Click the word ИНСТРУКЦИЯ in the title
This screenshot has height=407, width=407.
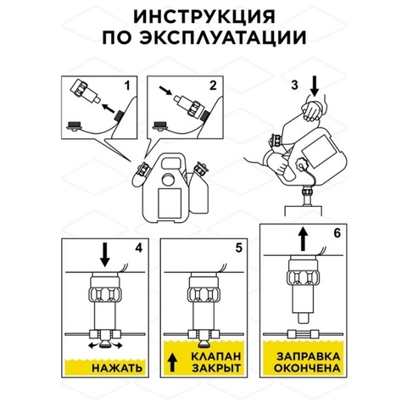click(x=204, y=17)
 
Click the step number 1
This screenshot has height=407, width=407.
click(x=127, y=86)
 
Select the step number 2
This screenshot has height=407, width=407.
click(x=213, y=86)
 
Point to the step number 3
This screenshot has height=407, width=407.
click(x=295, y=85)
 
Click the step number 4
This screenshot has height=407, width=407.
click(x=139, y=248)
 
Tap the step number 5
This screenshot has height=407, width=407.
click(x=239, y=248)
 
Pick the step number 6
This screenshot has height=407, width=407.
click(x=337, y=233)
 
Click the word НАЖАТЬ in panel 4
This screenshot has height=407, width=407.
click(x=117, y=368)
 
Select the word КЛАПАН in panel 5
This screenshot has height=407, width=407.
click(x=216, y=356)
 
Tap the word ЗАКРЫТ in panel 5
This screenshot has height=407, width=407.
click(x=216, y=368)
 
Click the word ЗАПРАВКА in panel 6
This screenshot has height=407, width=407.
click(x=309, y=356)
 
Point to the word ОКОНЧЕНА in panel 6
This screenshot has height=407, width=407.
click(x=307, y=368)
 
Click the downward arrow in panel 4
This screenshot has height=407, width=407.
click(x=105, y=254)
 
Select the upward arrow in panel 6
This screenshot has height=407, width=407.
click(x=304, y=238)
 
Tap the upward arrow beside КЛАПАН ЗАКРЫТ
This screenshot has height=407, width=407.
click(x=172, y=363)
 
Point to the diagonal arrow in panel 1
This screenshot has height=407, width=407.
click(x=109, y=109)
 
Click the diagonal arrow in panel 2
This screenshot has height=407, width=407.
click(x=165, y=91)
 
